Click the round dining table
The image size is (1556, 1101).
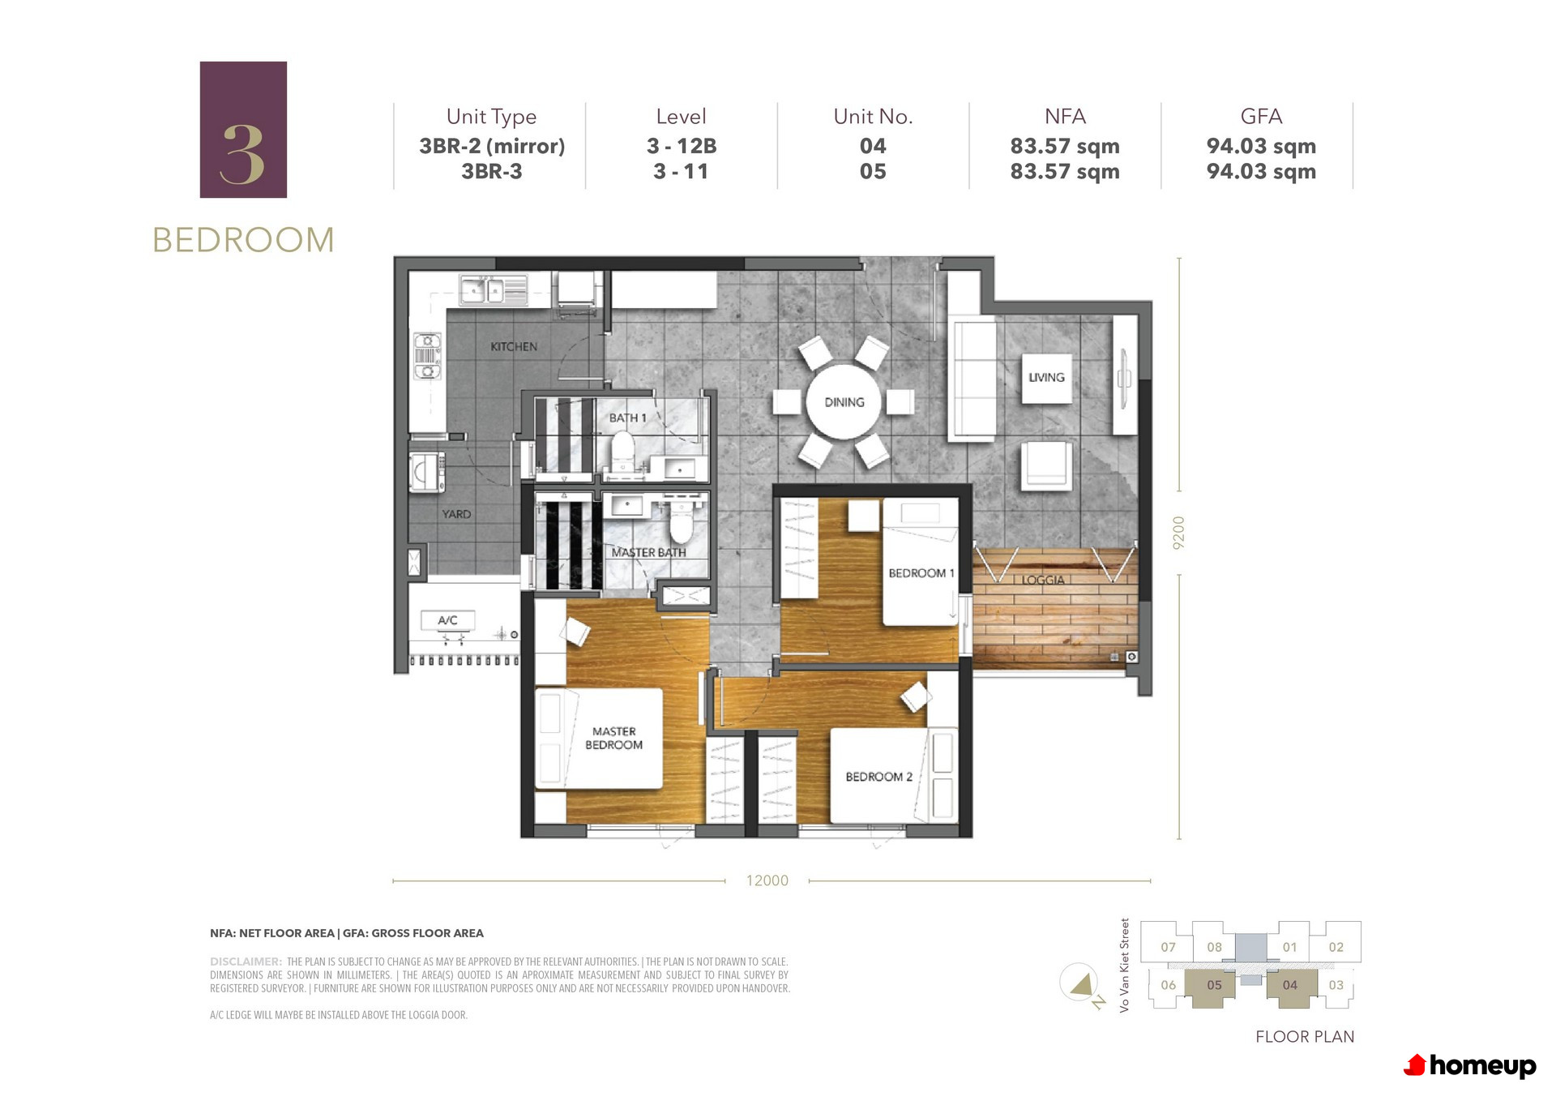[844, 402]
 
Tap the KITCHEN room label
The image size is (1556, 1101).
[514, 346]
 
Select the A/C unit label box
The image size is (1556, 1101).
[447, 620]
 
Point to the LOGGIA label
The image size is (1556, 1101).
[1043, 580]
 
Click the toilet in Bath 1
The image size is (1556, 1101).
[622, 451]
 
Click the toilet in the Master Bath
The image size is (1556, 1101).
[681, 522]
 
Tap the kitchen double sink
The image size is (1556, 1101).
[493, 289]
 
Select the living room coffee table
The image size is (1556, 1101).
[1046, 378]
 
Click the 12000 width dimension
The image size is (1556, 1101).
[767, 880]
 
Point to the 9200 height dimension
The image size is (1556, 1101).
[1179, 533]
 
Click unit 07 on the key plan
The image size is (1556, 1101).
[1168, 947]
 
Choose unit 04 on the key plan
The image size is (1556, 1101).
[1289, 985]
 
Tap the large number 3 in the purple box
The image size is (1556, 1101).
[242, 154]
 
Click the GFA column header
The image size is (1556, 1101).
[1261, 117]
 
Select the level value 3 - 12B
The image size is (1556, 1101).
[682, 146]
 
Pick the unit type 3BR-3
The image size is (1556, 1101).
[492, 172]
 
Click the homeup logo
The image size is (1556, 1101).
[1470, 1065]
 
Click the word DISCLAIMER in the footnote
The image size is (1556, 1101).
[246, 962]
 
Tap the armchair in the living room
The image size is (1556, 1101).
[1046, 465]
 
